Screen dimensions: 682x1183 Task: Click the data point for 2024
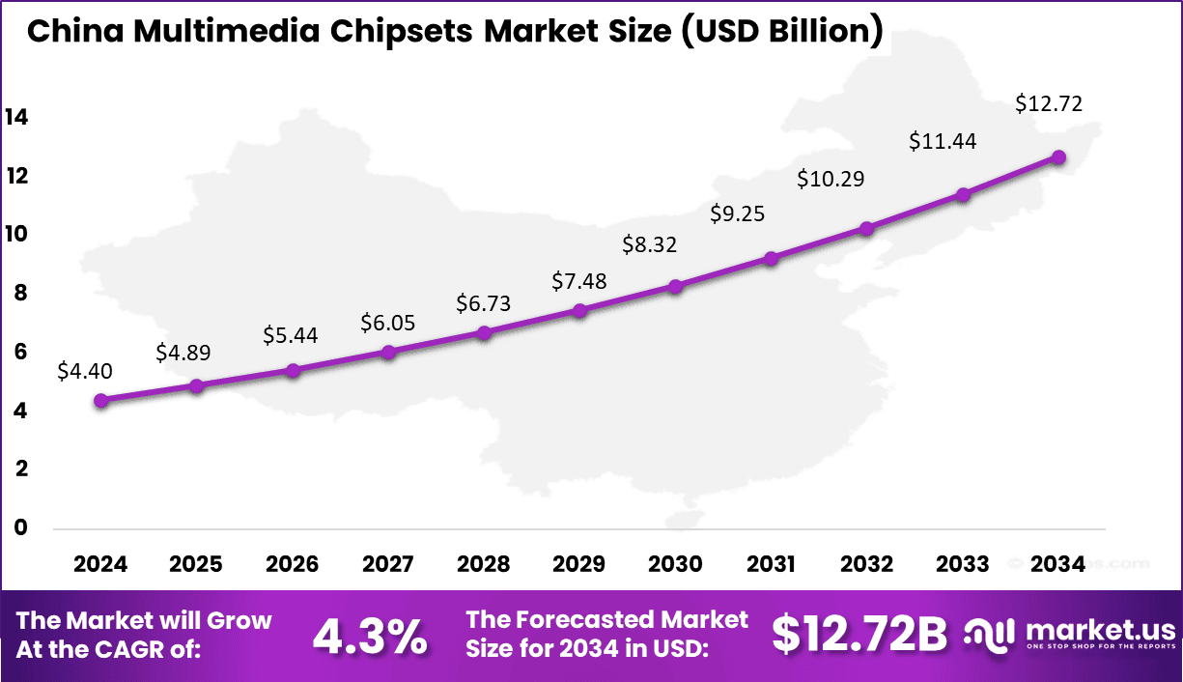pos(100,400)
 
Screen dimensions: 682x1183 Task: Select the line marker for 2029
pos(579,310)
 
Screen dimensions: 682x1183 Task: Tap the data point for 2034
pos(1058,156)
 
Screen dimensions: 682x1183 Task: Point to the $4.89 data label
pos(183,354)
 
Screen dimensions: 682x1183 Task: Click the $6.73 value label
pos(484,303)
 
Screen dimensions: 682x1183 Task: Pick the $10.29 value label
pos(830,179)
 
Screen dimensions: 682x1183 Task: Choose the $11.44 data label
pos(943,141)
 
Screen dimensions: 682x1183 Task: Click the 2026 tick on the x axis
pos(292,564)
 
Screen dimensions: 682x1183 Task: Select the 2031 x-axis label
pos(771,564)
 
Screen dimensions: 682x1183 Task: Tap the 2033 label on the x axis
pos(962,564)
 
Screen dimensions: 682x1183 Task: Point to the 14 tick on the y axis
pos(16,118)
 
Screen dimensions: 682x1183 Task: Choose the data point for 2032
pos(866,229)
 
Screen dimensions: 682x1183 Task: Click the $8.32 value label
pos(650,244)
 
